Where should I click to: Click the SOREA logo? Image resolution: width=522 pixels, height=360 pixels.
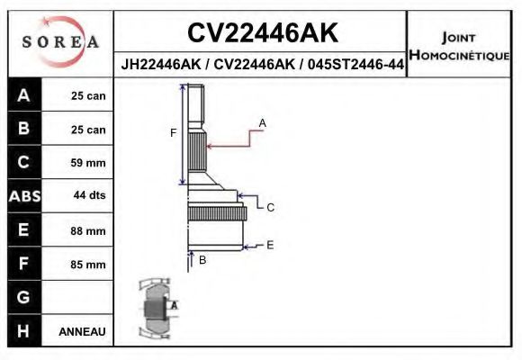tap(60, 42)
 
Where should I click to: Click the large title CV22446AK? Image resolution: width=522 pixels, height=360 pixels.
tap(262, 33)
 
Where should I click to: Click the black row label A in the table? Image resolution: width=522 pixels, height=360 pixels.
tap(23, 96)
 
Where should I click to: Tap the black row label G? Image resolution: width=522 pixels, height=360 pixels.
tap(23, 297)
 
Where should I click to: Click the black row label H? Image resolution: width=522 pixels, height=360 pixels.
tap(23, 331)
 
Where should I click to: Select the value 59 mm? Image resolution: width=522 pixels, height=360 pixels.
tap(88, 164)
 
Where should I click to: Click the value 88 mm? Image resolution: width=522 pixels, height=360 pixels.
tap(88, 231)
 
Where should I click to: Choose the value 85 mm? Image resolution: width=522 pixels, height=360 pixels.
tap(88, 265)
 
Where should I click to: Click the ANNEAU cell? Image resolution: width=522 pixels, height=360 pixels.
tap(83, 331)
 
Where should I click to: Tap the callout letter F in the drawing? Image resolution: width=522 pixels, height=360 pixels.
tap(173, 133)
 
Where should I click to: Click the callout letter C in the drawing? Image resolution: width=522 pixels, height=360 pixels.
tap(269, 207)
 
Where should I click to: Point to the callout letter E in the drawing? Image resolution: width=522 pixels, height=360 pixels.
tap(269, 244)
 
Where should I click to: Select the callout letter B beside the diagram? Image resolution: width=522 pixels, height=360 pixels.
tap(202, 260)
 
